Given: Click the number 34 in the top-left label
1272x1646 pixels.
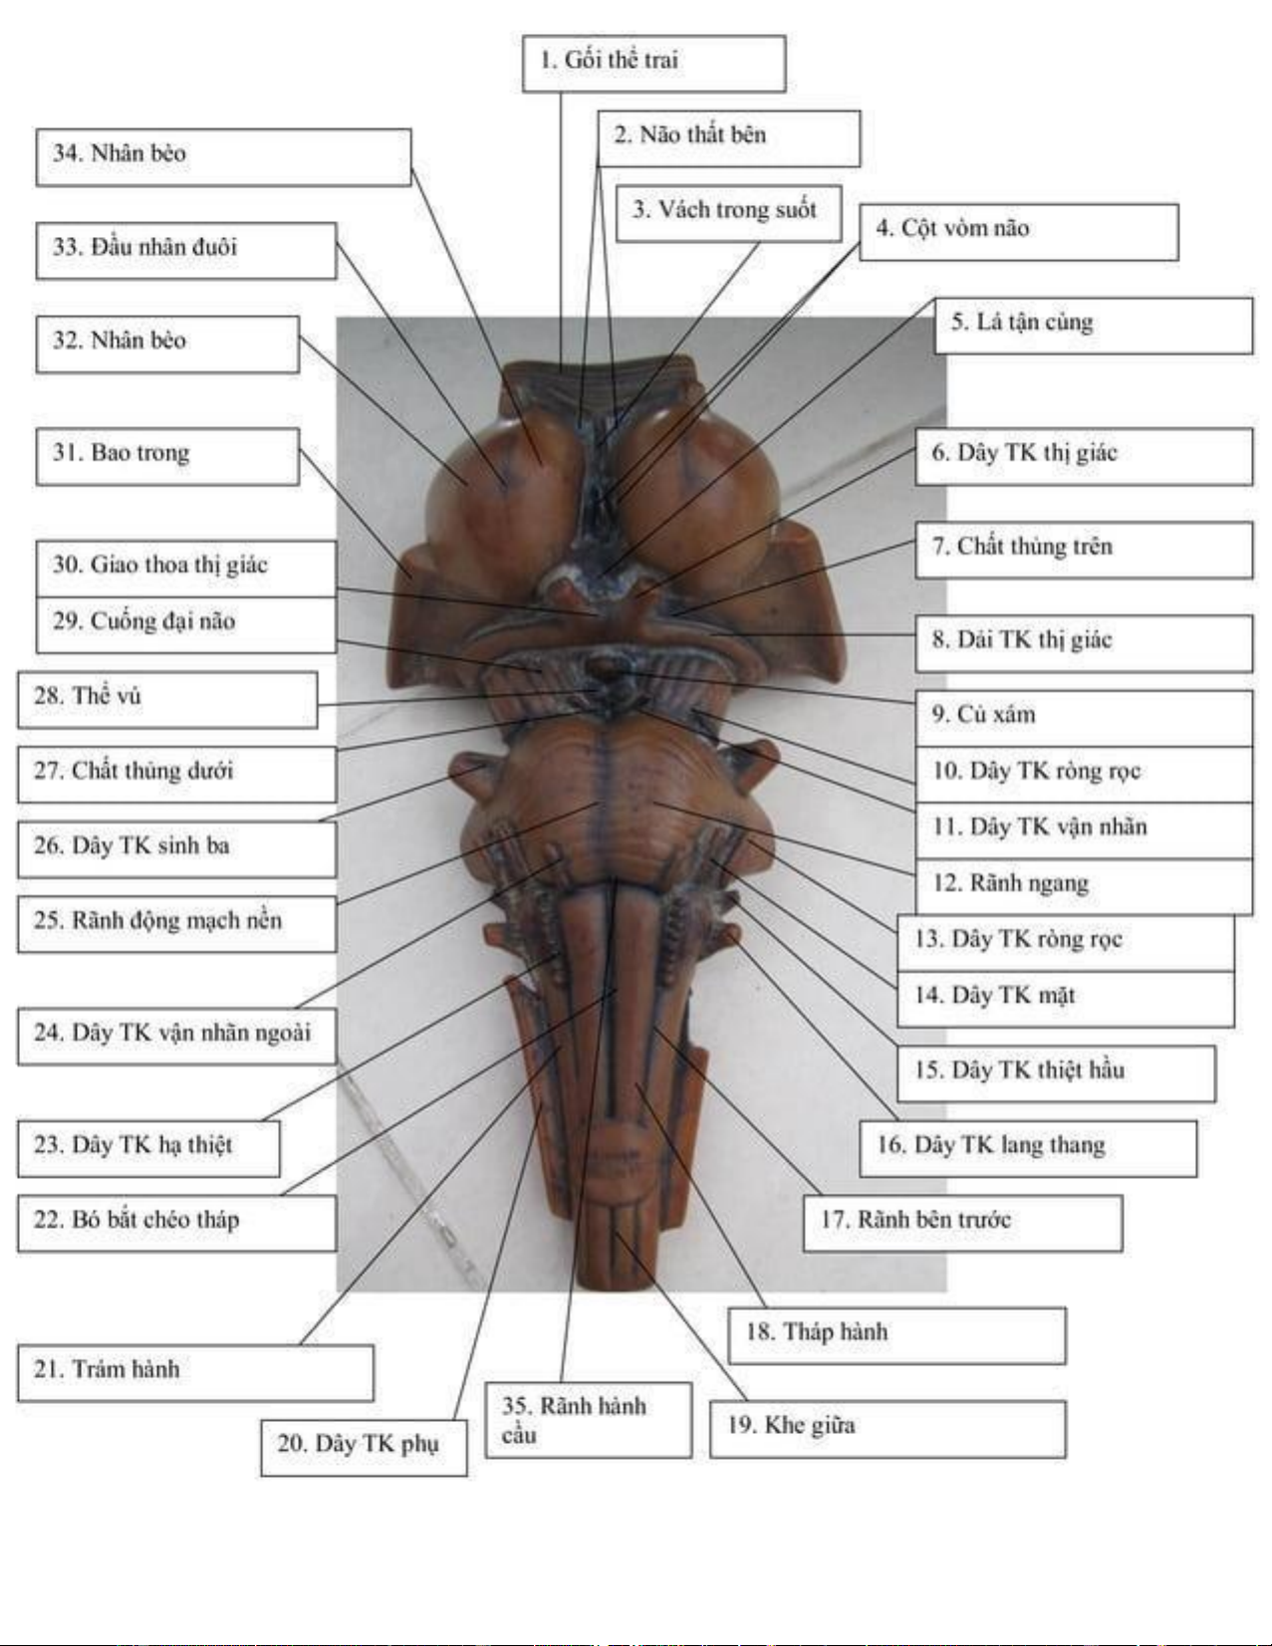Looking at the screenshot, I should point(66,154).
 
